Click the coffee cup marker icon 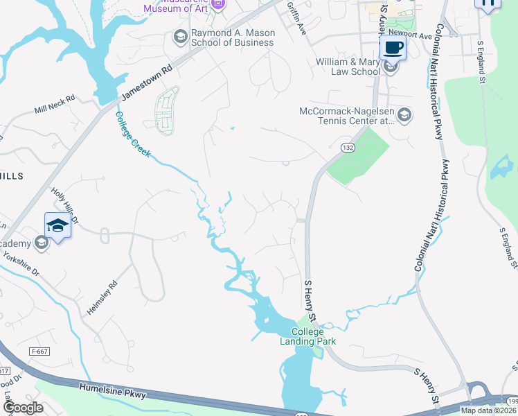393,48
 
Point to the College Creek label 132,135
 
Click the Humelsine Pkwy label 113,392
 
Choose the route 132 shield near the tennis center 348,148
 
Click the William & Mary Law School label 348,67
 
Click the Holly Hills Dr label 65,204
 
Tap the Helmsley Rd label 102,299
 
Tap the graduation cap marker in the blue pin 57,225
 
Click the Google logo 23,408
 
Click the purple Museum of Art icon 218,5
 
